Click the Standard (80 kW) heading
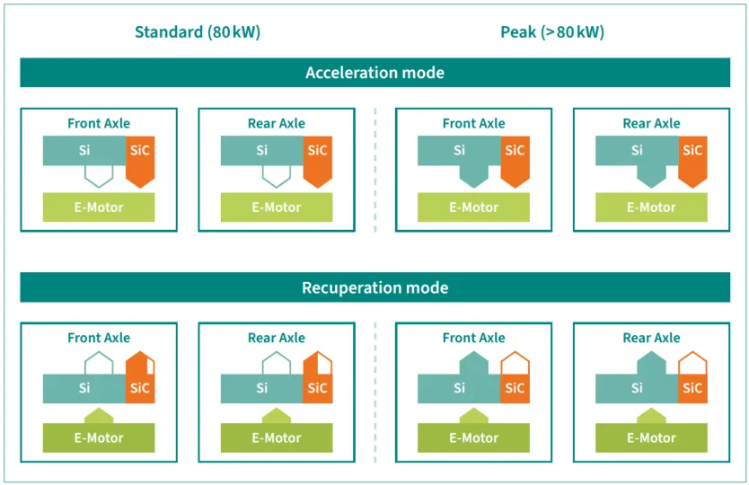pyautogui.click(x=198, y=32)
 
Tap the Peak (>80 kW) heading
pyautogui.click(x=552, y=32)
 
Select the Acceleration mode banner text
pyautogui.click(x=375, y=73)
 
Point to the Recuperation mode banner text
pyautogui.click(x=375, y=287)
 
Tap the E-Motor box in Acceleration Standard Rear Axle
pyautogui.click(x=277, y=207)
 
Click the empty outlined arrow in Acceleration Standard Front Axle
pyautogui.click(x=99, y=176)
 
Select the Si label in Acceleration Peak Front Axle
pyautogui.click(x=459, y=150)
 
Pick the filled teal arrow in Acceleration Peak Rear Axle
pyautogui.click(x=651, y=176)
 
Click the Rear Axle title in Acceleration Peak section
pyautogui.click(x=651, y=123)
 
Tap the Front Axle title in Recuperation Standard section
pyautogui.click(x=99, y=338)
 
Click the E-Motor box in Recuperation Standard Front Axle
pyautogui.click(x=99, y=437)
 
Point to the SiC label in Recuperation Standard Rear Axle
pyautogui.click(x=318, y=387)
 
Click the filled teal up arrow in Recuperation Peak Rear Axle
pyautogui.click(x=651, y=363)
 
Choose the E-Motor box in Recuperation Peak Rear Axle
pyautogui.click(x=651, y=437)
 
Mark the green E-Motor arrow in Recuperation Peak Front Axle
pyautogui.click(x=474, y=416)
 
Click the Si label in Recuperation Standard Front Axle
pyautogui.click(x=84, y=387)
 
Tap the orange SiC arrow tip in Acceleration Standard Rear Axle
pyautogui.click(x=318, y=188)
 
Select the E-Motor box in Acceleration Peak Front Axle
pyautogui.click(x=474, y=207)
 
